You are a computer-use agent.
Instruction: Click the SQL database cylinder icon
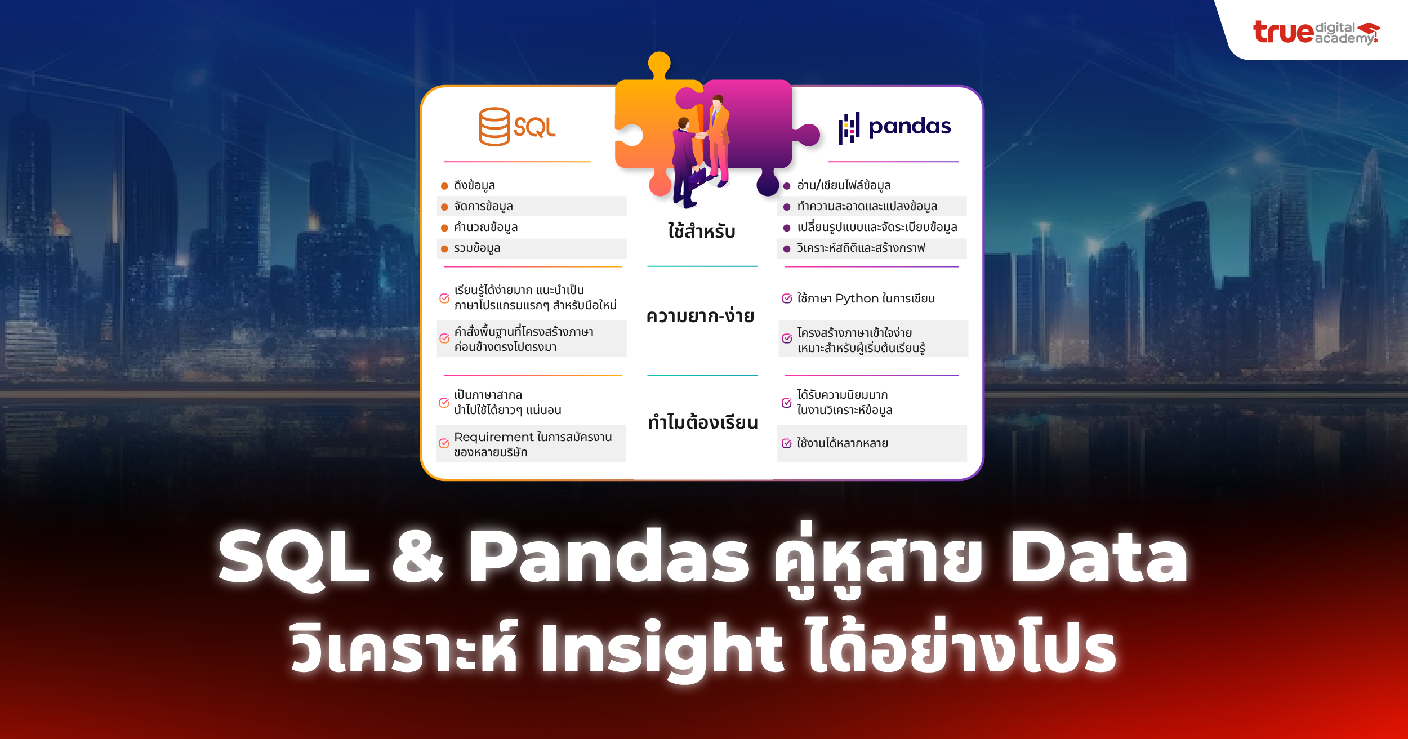pyautogui.click(x=494, y=127)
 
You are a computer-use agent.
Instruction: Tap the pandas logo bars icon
pyautogui.click(x=849, y=128)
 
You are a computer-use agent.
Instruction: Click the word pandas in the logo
pyautogui.click(x=909, y=127)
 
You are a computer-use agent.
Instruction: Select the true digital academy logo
pyautogui.click(x=1316, y=32)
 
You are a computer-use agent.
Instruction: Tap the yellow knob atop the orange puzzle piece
pyautogui.click(x=659, y=63)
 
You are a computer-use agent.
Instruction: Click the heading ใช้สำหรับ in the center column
pyautogui.click(x=701, y=231)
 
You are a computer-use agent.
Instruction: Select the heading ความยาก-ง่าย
pyautogui.click(x=700, y=316)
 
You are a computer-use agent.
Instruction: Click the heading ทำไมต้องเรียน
pyautogui.click(x=702, y=422)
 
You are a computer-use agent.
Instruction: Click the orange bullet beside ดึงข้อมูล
pyautogui.click(x=444, y=186)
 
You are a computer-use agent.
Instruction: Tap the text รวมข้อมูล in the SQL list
pyautogui.click(x=477, y=248)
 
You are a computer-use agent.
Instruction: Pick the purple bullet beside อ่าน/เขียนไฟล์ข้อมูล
pyautogui.click(x=787, y=186)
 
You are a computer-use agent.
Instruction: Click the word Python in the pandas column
pyautogui.click(x=857, y=299)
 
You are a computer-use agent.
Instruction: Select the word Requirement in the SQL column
pyautogui.click(x=493, y=437)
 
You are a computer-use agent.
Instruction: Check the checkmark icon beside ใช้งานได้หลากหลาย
pyautogui.click(x=787, y=443)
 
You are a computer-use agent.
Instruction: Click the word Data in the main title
pyautogui.click(x=1098, y=558)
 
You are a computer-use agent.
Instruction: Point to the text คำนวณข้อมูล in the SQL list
pyautogui.click(x=485, y=227)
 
